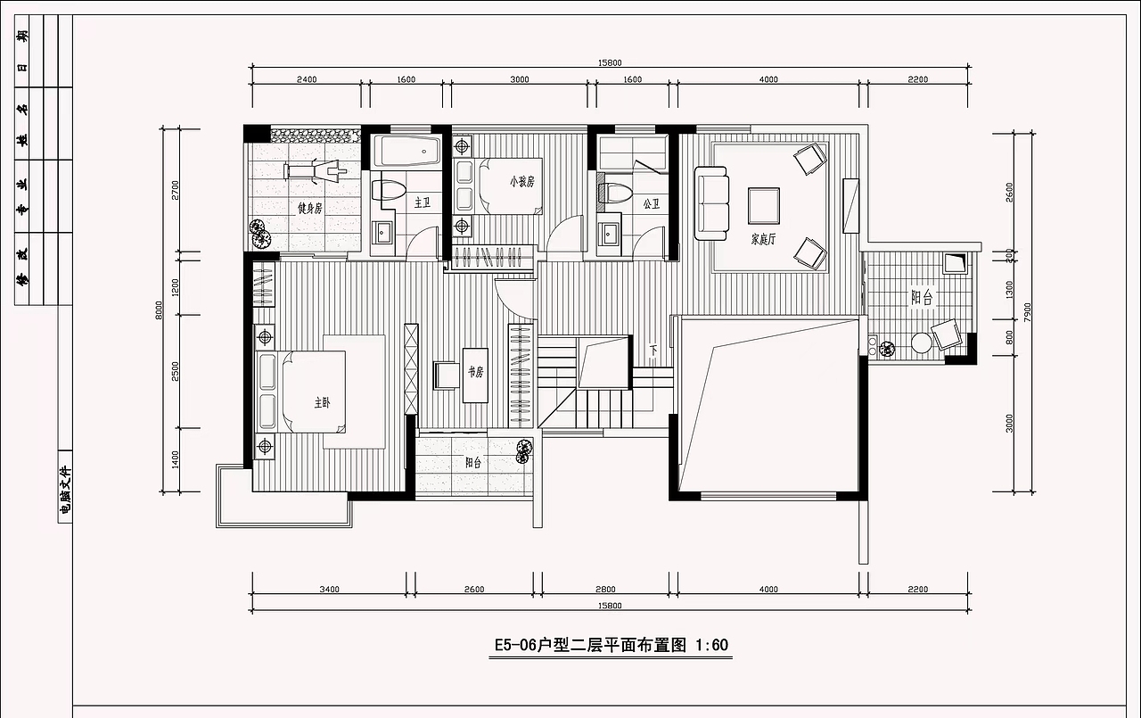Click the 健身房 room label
pyautogui.click(x=309, y=208)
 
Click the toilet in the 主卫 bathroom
pyautogui.click(x=390, y=190)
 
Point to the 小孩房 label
pyautogui.click(x=521, y=181)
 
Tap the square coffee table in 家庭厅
pyautogui.click(x=765, y=205)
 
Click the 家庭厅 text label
pyautogui.click(x=764, y=239)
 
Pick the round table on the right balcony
pyautogui.click(x=922, y=344)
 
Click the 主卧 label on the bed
pyautogui.click(x=321, y=403)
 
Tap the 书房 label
pyautogui.click(x=475, y=371)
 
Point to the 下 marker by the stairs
pyautogui.click(x=653, y=349)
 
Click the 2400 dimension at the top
pyautogui.click(x=306, y=80)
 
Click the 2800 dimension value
pyautogui.click(x=605, y=590)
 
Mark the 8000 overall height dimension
pyautogui.click(x=160, y=309)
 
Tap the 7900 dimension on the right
pyautogui.click(x=1027, y=312)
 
